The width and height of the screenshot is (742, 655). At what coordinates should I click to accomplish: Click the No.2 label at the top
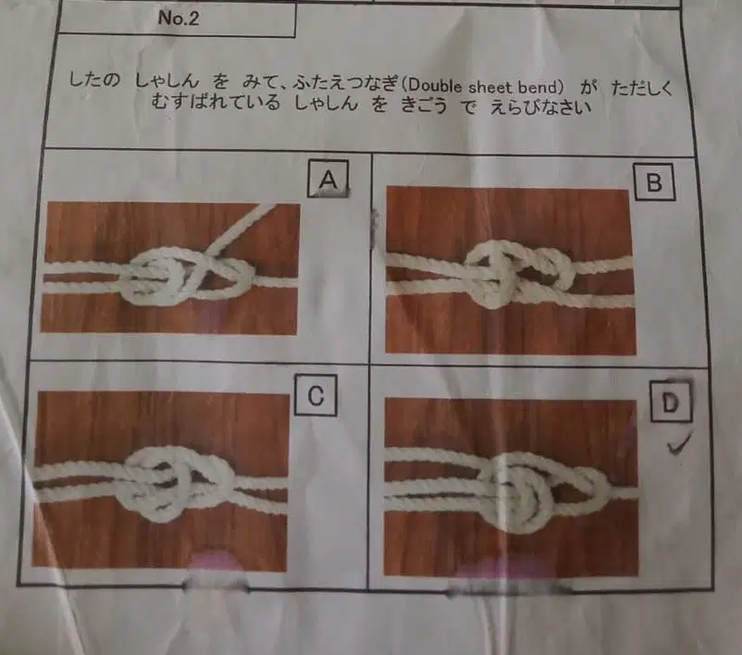coord(179,18)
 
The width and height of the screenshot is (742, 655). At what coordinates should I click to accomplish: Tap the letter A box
coord(328,179)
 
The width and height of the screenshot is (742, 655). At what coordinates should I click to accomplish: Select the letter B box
coord(654,182)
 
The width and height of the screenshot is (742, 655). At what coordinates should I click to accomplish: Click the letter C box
coord(315,395)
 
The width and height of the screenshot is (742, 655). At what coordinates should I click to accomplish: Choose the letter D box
coord(670,402)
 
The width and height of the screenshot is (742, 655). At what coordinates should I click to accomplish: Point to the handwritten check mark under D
coord(679,444)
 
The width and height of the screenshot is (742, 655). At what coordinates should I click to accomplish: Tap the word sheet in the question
coord(490,87)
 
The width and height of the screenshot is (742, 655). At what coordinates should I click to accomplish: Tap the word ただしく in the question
coord(642,89)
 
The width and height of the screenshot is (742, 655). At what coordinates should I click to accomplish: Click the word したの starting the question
coord(94,80)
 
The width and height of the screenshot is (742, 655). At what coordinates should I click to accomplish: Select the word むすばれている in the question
coord(216,102)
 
